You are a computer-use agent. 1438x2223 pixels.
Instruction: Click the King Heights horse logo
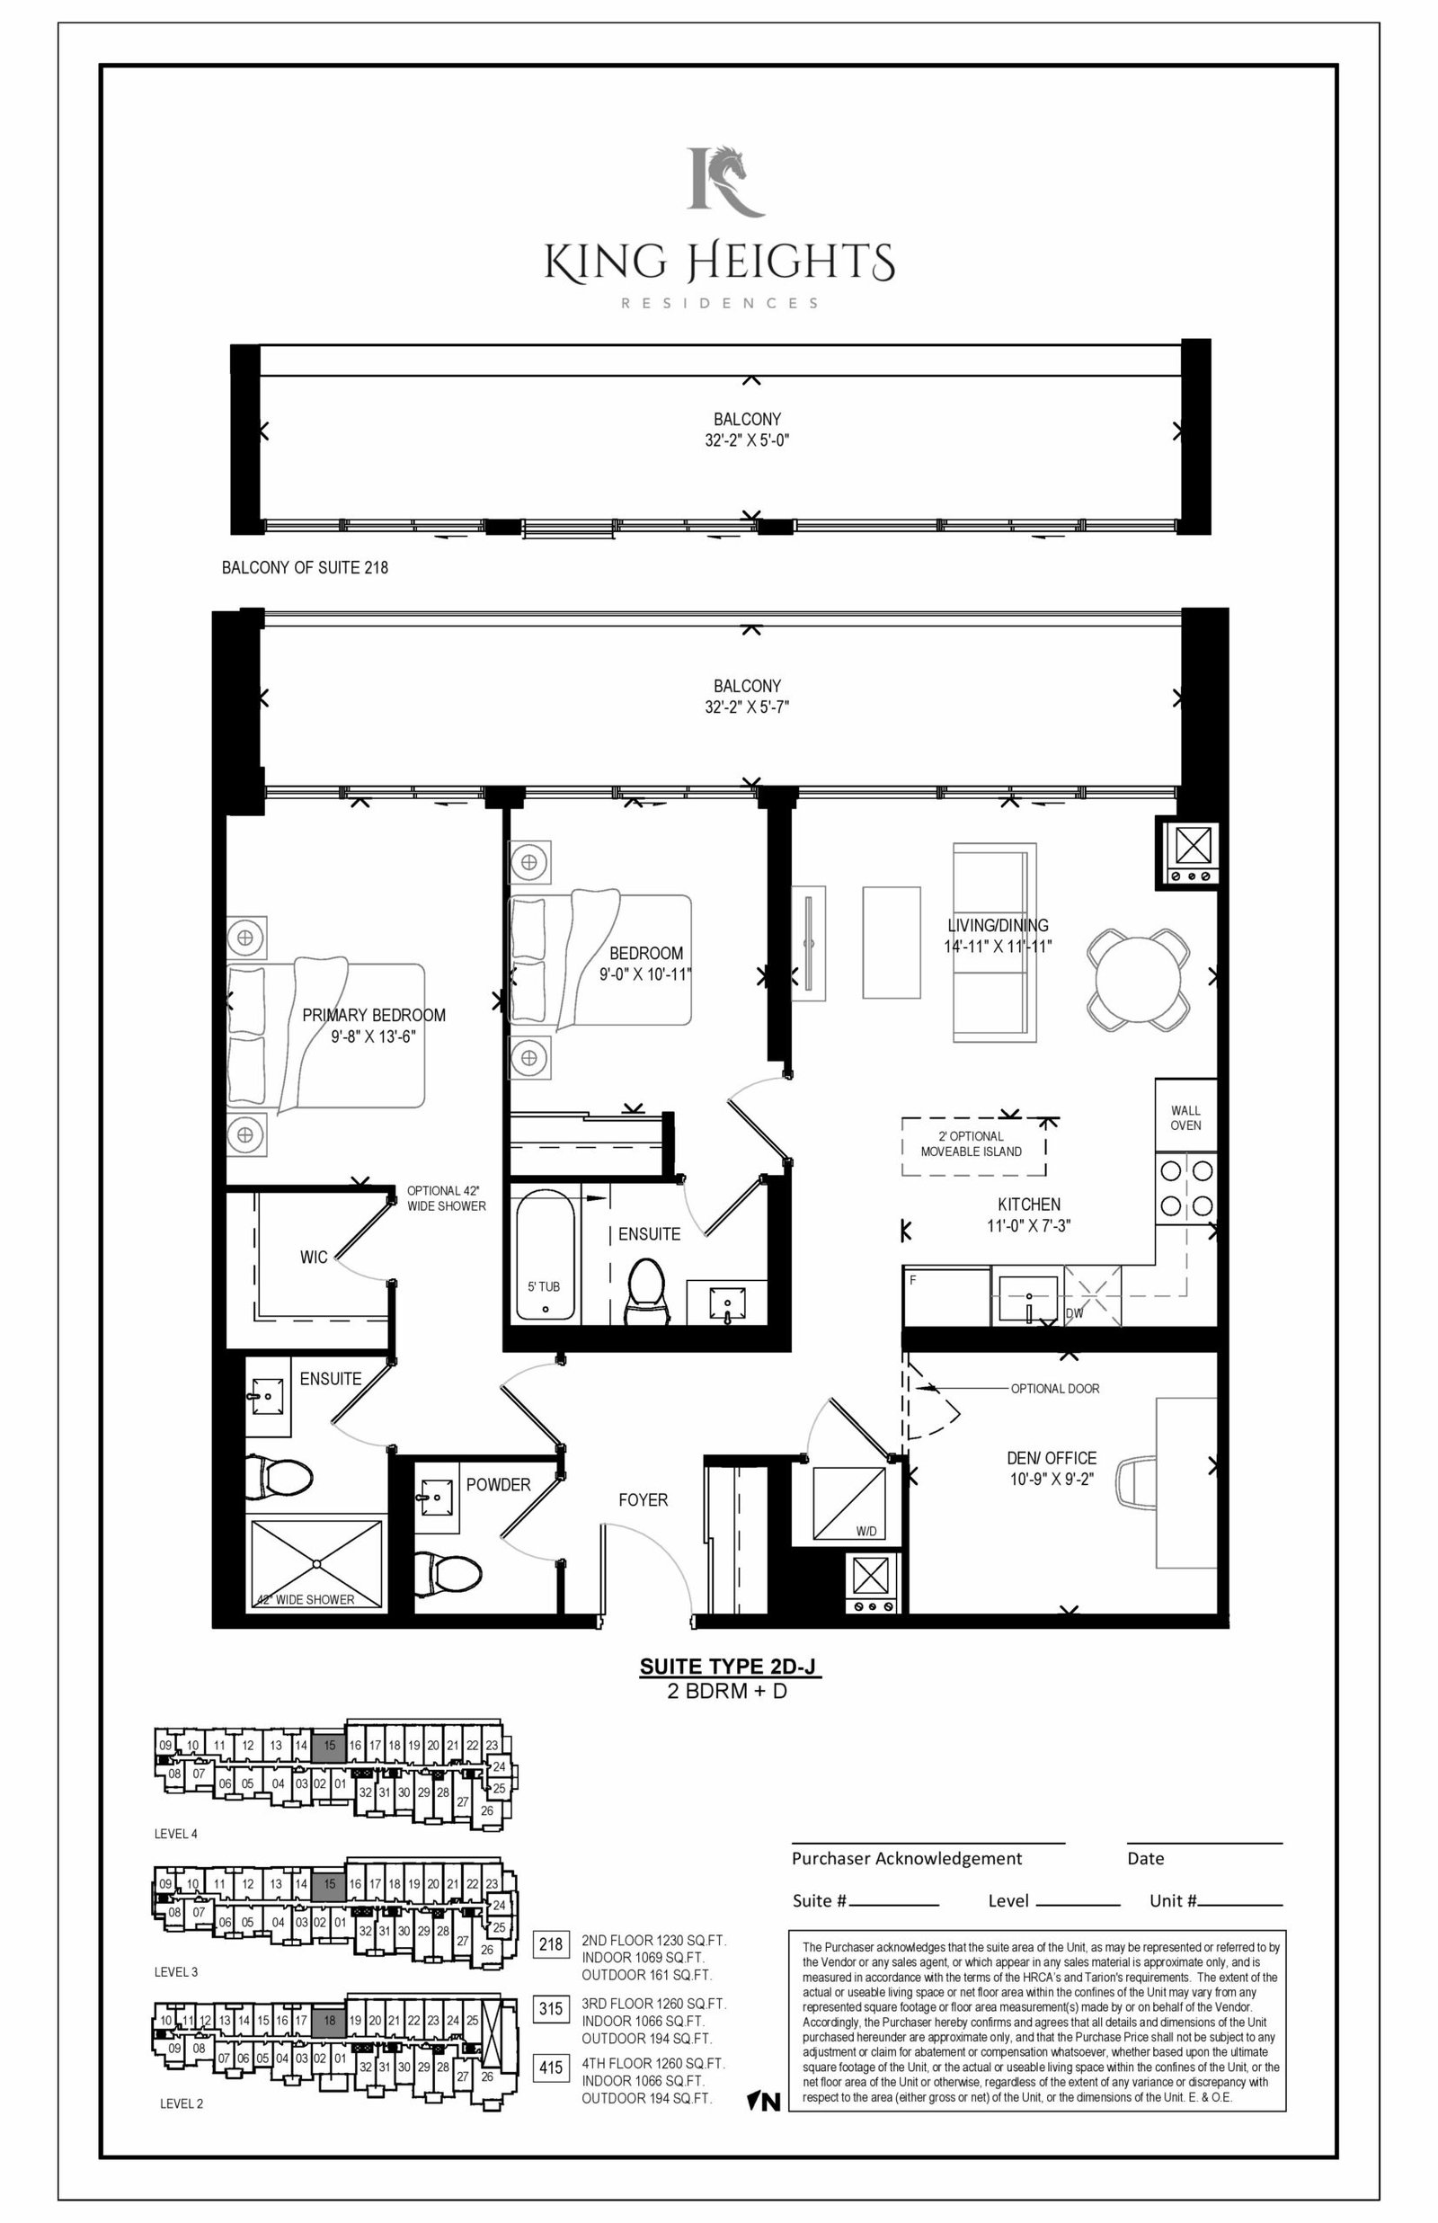click(725, 180)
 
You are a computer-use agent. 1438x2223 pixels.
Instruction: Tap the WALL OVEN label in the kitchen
click(1185, 1117)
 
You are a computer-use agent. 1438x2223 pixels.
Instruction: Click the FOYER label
click(644, 1499)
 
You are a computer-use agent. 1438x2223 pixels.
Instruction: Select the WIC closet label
click(314, 1258)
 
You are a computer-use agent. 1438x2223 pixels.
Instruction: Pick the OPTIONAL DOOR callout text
click(1055, 1388)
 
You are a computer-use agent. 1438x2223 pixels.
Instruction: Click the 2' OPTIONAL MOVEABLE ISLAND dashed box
click(973, 1146)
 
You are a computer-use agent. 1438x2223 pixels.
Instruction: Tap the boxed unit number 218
click(551, 1943)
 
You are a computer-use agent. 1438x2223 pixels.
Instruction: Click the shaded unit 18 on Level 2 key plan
click(329, 2021)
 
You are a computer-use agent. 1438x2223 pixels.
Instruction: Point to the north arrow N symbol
click(764, 2102)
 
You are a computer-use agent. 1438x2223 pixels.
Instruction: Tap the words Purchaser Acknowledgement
click(907, 1858)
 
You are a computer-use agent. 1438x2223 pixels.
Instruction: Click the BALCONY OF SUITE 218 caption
click(305, 567)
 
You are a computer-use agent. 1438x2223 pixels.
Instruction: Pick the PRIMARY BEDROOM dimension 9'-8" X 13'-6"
click(374, 1036)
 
